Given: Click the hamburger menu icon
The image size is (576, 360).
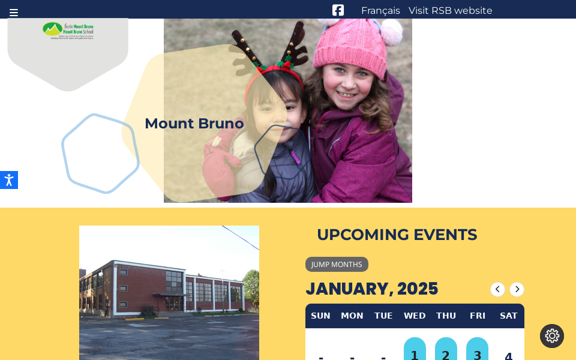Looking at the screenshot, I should (14, 13).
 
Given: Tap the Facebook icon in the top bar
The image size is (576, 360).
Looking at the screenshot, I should (338, 10).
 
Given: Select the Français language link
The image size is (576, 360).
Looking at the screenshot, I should (380, 11).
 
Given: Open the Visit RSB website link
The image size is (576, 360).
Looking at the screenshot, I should (450, 11).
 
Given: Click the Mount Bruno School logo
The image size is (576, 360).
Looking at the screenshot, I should (68, 31).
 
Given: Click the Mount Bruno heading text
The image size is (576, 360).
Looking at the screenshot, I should (194, 124).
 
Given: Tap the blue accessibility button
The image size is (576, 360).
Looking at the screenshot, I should (8, 180).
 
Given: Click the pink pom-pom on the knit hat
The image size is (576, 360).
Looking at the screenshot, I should (392, 31).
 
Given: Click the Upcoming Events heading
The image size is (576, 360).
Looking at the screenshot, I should (397, 235).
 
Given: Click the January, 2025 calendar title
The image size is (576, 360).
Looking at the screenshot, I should (371, 289).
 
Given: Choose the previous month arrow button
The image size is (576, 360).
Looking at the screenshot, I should (497, 289).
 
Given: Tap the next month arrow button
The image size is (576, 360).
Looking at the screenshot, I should (517, 289).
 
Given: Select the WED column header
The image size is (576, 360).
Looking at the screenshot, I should (415, 316).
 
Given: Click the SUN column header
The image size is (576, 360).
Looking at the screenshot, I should (320, 316).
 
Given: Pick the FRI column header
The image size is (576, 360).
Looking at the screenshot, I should (478, 316).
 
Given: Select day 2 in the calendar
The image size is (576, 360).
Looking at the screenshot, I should (446, 354).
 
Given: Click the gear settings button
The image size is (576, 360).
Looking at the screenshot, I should (552, 336).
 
